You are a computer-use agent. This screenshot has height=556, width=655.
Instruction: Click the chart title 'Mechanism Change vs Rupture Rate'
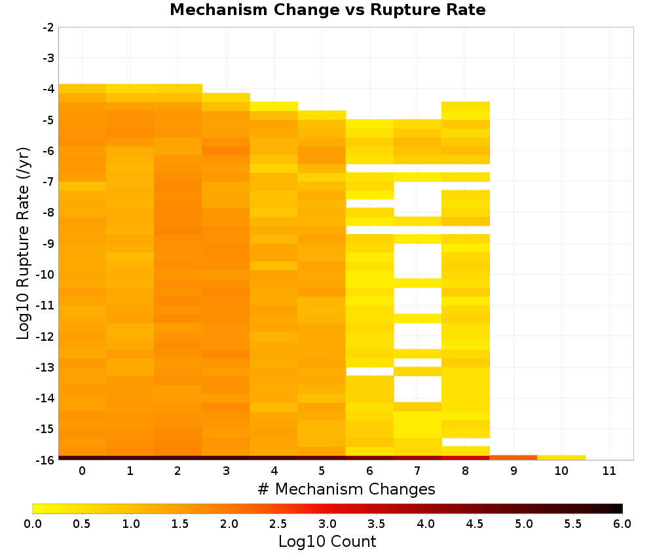click(x=327, y=10)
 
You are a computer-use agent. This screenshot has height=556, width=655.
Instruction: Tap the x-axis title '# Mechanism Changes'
click(x=346, y=489)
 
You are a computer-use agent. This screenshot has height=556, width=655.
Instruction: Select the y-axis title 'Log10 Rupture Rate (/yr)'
click(x=23, y=243)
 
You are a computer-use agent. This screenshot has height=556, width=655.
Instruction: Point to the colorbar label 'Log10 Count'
click(x=327, y=542)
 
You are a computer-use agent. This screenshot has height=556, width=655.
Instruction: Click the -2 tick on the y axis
click(x=48, y=27)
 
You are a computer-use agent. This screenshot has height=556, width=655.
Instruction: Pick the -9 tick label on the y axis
click(x=48, y=243)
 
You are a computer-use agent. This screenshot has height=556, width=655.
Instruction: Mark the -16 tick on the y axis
click(x=46, y=460)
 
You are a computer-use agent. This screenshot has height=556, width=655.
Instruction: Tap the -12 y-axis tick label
click(x=46, y=336)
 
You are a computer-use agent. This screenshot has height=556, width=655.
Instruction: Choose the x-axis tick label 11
click(x=609, y=471)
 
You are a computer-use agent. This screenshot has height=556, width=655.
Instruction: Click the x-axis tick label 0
click(x=83, y=471)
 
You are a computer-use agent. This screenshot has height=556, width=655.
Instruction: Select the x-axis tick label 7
click(x=417, y=471)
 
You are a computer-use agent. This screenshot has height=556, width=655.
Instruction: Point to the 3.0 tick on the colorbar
click(x=327, y=524)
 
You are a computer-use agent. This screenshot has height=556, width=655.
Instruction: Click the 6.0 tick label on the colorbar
click(x=622, y=524)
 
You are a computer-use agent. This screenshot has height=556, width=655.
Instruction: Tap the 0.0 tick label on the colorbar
click(x=33, y=524)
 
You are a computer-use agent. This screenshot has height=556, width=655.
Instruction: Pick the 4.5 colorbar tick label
click(x=475, y=524)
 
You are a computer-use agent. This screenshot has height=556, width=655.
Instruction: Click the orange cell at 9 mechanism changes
click(x=514, y=458)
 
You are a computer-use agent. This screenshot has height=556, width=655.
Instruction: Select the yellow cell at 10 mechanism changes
click(x=561, y=458)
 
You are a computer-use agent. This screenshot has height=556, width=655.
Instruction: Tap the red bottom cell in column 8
click(x=465, y=458)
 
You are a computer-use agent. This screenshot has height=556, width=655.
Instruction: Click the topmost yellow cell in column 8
click(x=465, y=107)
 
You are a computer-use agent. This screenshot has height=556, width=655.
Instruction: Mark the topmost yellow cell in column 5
click(x=322, y=115)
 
